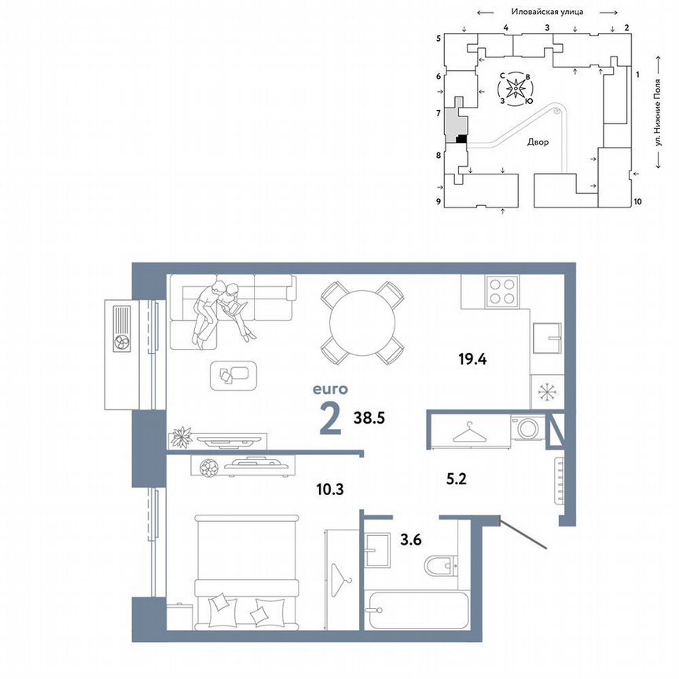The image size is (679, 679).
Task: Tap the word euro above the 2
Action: point(330,388)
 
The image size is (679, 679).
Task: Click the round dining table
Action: point(362,321)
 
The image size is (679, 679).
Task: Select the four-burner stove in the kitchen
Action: point(503,292)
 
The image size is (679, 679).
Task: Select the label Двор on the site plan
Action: point(538,142)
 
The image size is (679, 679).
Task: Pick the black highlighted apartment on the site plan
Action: point(461,139)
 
